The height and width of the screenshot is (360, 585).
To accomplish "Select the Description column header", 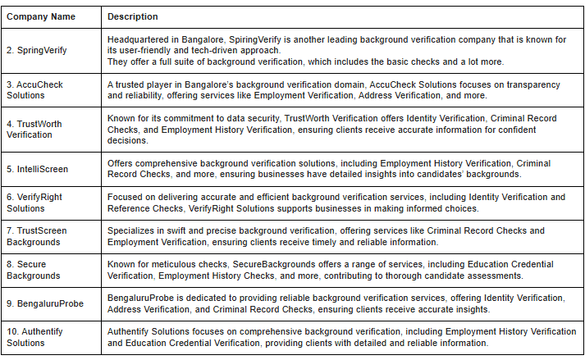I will tap(133, 16).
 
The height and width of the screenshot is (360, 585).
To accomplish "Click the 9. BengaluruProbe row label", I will tap(45, 303).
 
